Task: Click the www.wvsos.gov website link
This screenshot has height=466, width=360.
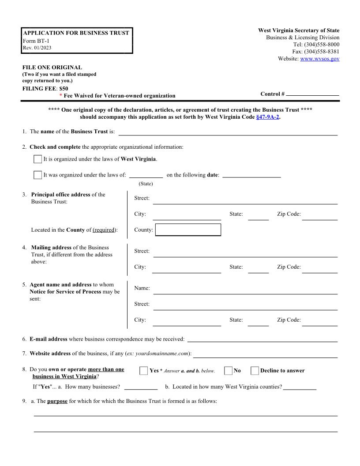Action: pos(319,59)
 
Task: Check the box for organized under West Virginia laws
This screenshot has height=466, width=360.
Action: pos(38,159)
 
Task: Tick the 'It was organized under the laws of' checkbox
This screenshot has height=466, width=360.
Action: pos(38,175)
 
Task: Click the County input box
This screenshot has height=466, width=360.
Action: pos(188,230)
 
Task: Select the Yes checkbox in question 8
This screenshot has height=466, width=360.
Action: pos(144,371)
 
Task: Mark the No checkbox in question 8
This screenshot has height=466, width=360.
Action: pos(228,371)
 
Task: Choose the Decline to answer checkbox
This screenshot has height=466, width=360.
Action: pos(255,371)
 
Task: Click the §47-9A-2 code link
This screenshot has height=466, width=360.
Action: pos(267,117)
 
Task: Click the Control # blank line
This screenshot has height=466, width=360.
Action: pos(312,94)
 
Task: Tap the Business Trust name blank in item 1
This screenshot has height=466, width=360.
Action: pos(228,132)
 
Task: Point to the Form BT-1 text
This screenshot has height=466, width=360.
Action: pos(36,41)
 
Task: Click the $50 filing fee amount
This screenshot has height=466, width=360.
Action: pos(64,88)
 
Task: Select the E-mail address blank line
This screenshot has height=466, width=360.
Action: pos(262,340)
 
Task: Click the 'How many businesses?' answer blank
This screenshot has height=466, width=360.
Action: pos(141,387)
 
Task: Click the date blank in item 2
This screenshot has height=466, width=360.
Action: pos(251,176)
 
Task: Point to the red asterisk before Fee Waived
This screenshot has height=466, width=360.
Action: pos(60,96)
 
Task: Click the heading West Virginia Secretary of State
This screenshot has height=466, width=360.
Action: pos(299,30)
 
